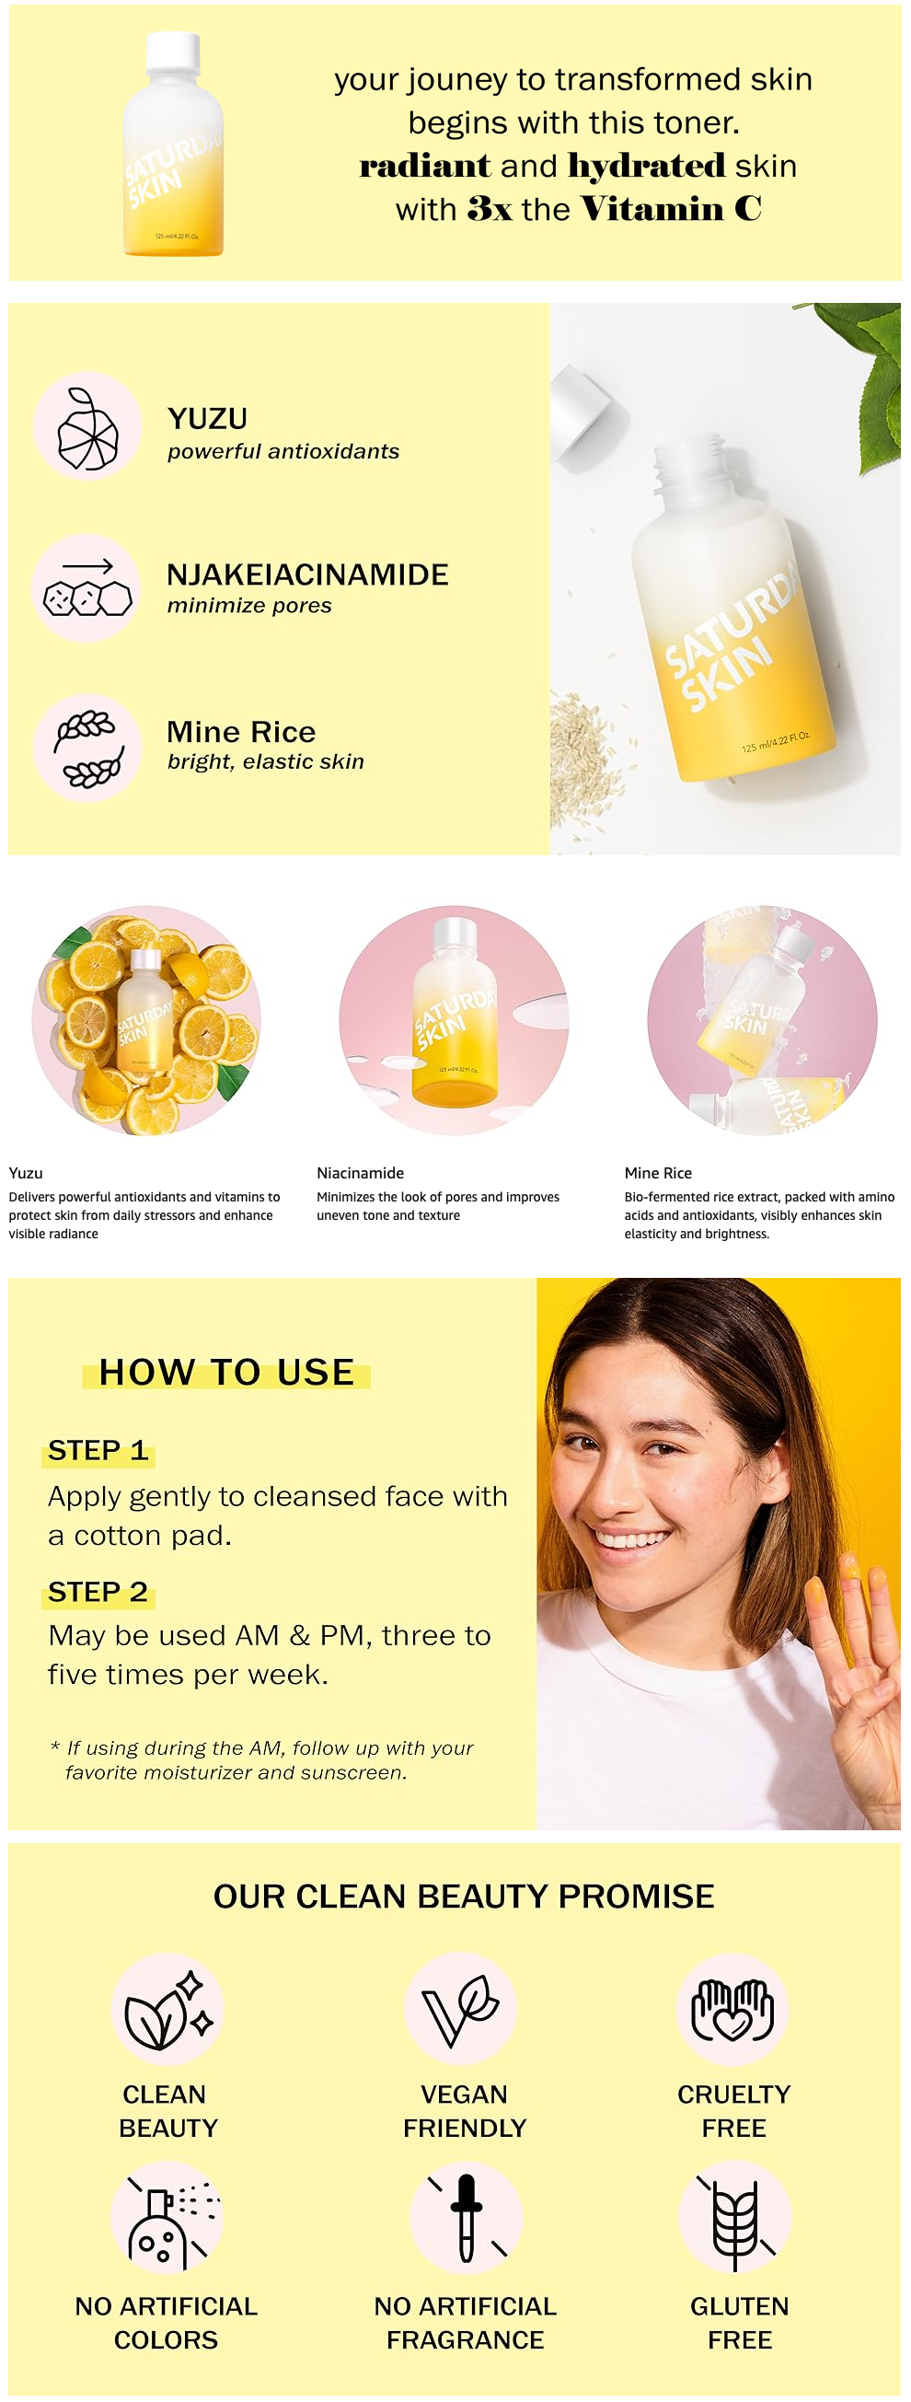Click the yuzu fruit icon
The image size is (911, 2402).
(x=87, y=428)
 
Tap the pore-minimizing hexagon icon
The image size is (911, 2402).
(x=87, y=589)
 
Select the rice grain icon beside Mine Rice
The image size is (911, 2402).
(x=87, y=748)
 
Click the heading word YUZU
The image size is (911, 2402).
(x=207, y=419)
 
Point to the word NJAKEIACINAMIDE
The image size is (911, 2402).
(x=307, y=575)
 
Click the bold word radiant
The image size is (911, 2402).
(x=424, y=166)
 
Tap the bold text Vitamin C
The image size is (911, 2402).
(x=671, y=209)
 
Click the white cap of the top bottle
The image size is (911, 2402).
(x=173, y=52)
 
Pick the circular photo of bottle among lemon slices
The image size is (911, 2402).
(x=146, y=1020)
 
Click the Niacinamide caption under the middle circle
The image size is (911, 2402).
(x=360, y=1173)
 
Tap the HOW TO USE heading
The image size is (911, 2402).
(x=226, y=1373)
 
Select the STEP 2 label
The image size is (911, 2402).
(x=98, y=1592)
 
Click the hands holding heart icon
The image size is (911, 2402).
(x=732, y=2011)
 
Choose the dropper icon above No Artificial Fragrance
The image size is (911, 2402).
(x=467, y=2218)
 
